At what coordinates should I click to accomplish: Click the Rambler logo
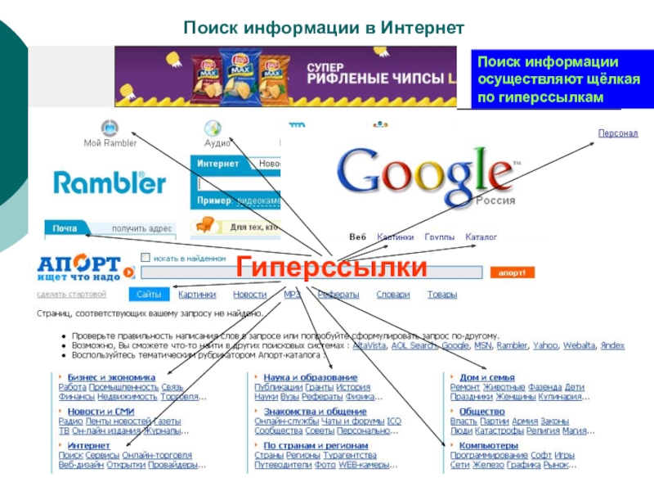[110, 182]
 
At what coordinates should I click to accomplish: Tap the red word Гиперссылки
[331, 268]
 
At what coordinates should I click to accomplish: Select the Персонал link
[617, 133]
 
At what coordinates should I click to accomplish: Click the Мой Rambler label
[110, 142]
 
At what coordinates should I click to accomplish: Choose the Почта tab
[65, 228]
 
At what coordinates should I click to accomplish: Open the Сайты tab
[149, 295]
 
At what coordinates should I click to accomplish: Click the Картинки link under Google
[394, 237]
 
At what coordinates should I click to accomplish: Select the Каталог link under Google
[481, 237]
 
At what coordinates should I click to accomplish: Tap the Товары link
[442, 295]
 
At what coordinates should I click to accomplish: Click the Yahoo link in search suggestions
[545, 346]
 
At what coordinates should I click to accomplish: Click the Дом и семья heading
[487, 377]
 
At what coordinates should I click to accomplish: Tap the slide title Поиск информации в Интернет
[324, 29]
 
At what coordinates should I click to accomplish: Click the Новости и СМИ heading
[101, 412]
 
